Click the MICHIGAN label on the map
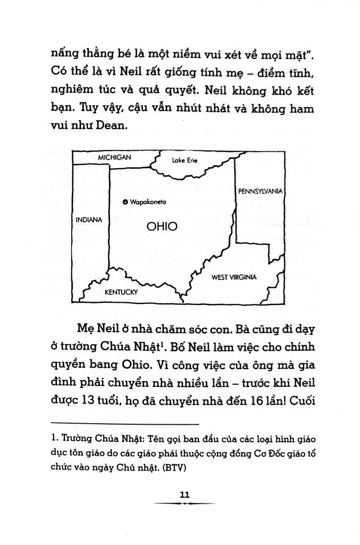pos(114,158)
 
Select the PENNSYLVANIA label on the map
pos(260,191)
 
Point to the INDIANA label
pos(89,219)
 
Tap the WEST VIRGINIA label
pos(234,277)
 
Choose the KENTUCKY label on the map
pos(121,292)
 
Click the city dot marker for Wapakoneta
pos(124,202)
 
